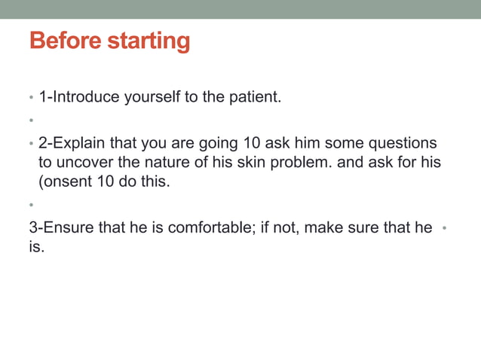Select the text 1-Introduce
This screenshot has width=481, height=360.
pyautogui.click(x=75, y=96)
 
